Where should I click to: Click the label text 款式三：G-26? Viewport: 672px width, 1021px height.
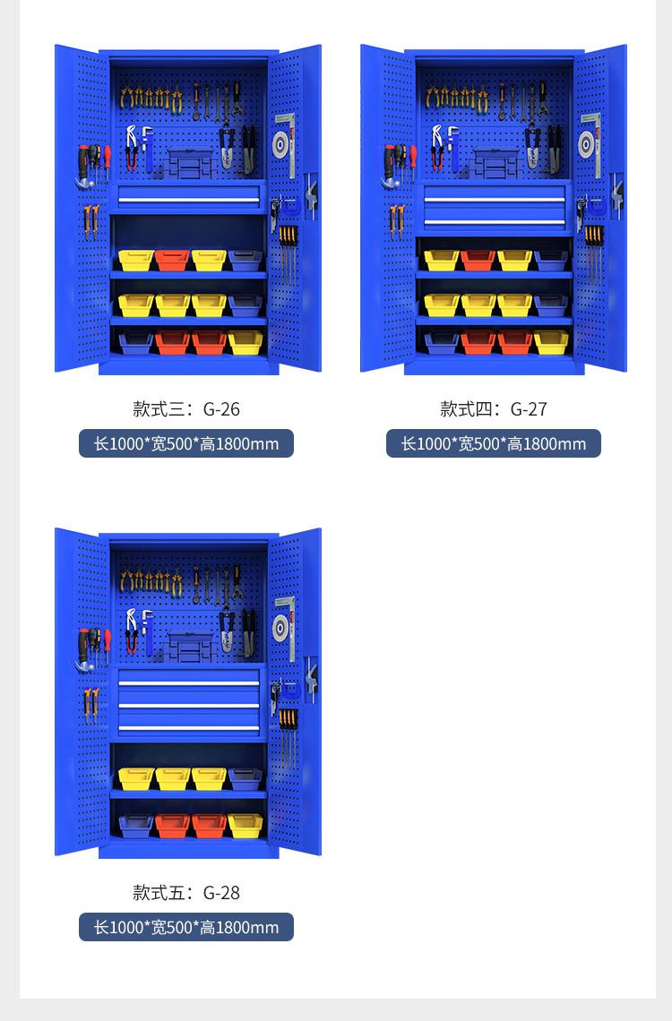click(186, 409)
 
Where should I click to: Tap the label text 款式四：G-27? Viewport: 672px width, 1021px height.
click(493, 409)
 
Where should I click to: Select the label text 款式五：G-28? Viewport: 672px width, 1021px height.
click(186, 892)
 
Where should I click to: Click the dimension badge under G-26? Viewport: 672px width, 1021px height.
click(186, 443)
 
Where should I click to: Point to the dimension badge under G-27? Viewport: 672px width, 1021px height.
click(493, 443)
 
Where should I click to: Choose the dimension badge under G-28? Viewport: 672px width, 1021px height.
click(186, 927)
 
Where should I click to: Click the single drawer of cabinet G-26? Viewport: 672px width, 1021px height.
click(188, 196)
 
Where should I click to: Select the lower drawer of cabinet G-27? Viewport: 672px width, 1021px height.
click(495, 219)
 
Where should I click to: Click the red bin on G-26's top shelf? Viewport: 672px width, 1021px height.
click(172, 260)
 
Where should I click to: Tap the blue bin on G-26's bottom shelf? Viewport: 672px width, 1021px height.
click(135, 342)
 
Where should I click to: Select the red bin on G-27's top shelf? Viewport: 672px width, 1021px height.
click(478, 260)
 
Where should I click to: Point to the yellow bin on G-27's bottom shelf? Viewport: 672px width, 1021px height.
click(551, 342)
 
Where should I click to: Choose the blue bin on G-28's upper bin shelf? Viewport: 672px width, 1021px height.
click(245, 779)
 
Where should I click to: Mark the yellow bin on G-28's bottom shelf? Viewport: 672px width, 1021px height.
click(246, 826)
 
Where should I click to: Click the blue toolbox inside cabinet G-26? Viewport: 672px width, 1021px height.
click(189, 163)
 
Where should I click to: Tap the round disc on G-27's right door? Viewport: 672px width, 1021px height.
click(586, 144)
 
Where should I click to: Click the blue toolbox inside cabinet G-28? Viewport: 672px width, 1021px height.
click(189, 648)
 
